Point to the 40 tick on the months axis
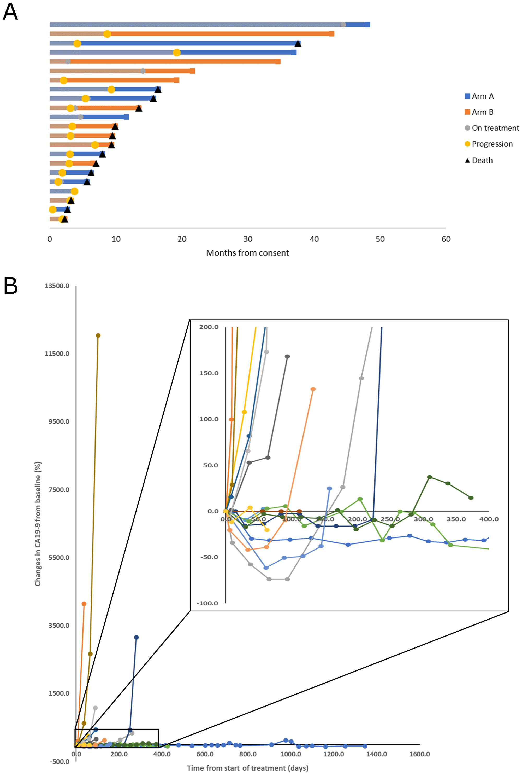[x=314, y=239]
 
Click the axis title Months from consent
[x=247, y=253]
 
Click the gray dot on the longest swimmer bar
[x=343, y=25]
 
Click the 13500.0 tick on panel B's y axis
[x=57, y=286]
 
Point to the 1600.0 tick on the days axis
[x=419, y=754]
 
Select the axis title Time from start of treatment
[x=247, y=768]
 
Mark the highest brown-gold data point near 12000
[x=98, y=336]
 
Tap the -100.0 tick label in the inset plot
[x=207, y=603]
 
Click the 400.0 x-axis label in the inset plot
[x=489, y=519]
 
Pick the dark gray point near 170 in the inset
[x=287, y=356]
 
